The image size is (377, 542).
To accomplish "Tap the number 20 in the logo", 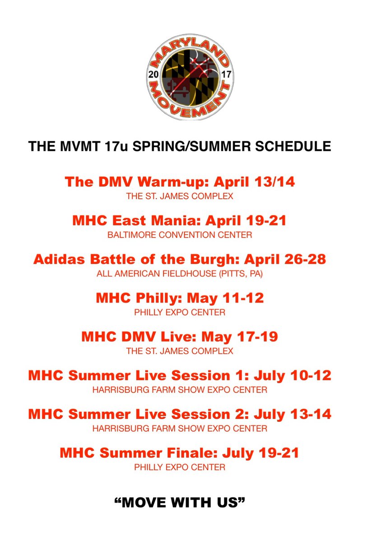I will point(153,75).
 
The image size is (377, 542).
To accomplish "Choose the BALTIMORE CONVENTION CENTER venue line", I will point(180,235).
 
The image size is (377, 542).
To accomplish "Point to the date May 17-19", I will point(239,337).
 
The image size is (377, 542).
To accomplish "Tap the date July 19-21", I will point(266,453).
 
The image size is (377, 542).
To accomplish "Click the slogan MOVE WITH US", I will point(180,502).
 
